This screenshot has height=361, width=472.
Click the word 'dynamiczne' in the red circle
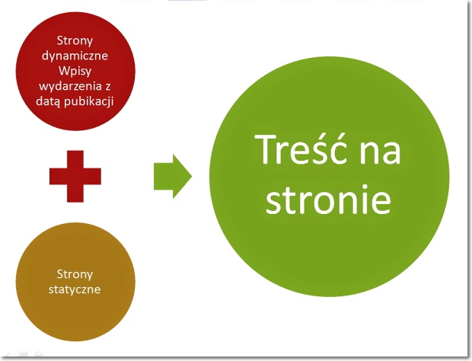(75, 56)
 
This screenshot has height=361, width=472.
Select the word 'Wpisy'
(75, 72)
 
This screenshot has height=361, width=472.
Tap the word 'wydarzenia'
(71, 86)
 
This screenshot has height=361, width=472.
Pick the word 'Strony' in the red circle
(75, 40)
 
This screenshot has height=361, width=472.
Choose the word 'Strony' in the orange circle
(75, 274)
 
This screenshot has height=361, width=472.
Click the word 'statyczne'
(75, 289)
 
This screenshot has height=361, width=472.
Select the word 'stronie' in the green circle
(328, 199)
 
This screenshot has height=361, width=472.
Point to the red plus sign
(75, 176)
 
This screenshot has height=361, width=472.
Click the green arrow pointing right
(173, 177)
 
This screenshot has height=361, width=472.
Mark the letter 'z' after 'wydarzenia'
(108, 87)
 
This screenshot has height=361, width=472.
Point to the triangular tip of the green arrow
(192, 177)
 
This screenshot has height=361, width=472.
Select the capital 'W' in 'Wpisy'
(64, 71)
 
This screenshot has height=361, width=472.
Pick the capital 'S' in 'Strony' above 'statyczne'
(59, 274)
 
